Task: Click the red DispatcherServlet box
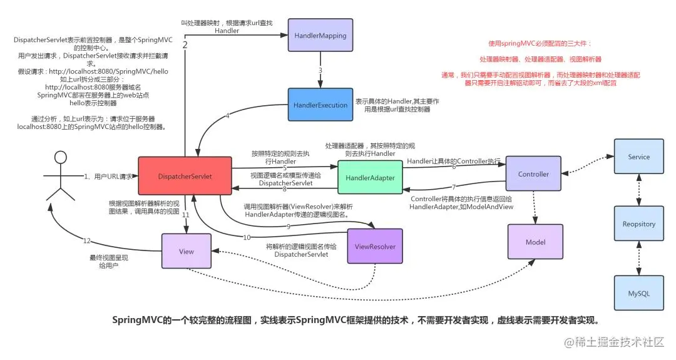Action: [x=185, y=177]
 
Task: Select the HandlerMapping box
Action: [x=320, y=36]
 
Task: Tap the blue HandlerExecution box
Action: [x=320, y=105]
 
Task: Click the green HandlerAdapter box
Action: [x=370, y=178]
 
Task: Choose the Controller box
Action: [x=533, y=174]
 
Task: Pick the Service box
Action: [x=638, y=157]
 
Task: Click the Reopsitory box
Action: [x=638, y=224]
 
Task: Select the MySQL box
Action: [x=638, y=293]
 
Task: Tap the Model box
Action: [x=535, y=242]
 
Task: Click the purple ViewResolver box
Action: [x=375, y=247]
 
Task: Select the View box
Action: [x=187, y=252]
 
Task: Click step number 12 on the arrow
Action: [x=87, y=240]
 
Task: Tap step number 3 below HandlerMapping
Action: [x=320, y=70]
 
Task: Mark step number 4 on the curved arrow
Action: [x=228, y=116]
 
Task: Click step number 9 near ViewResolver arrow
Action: [x=289, y=226]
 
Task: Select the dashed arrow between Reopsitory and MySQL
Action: [x=638, y=259]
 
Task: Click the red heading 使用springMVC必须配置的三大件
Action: [x=539, y=44]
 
